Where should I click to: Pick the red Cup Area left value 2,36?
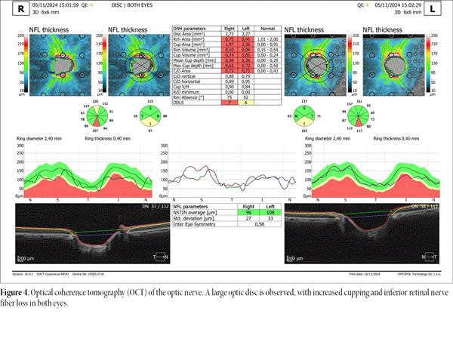(244, 45)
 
